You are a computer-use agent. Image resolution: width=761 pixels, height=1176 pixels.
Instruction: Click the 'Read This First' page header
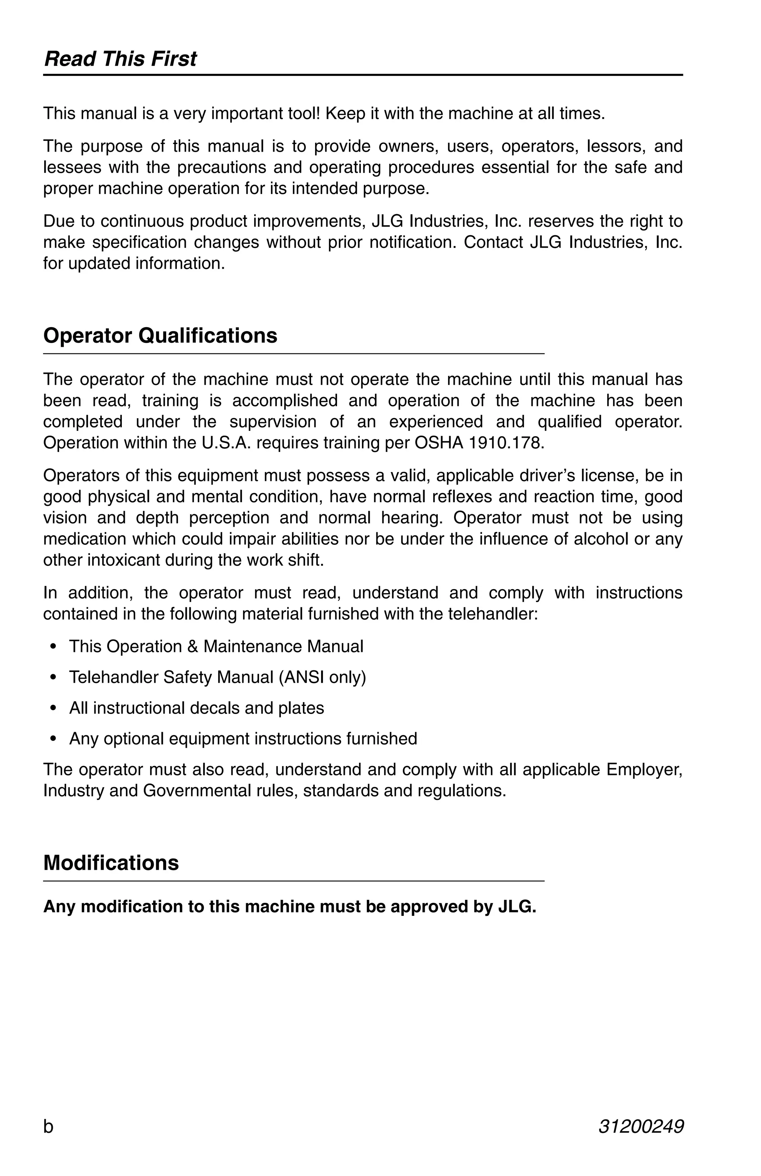pyautogui.click(x=120, y=59)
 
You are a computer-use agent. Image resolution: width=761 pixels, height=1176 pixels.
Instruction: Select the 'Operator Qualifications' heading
pyautogui.click(x=160, y=336)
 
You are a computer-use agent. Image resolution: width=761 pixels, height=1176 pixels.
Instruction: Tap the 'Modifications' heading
pyautogui.click(x=111, y=863)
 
